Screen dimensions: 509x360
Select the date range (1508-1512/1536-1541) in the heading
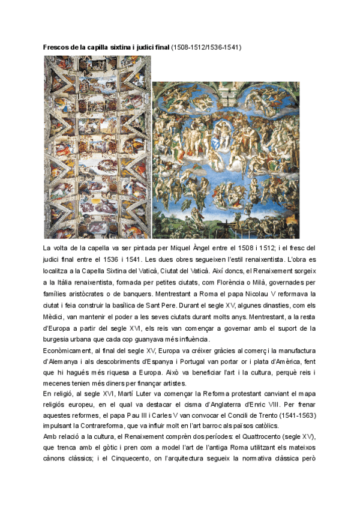pyautogui.click(x=206, y=47)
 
